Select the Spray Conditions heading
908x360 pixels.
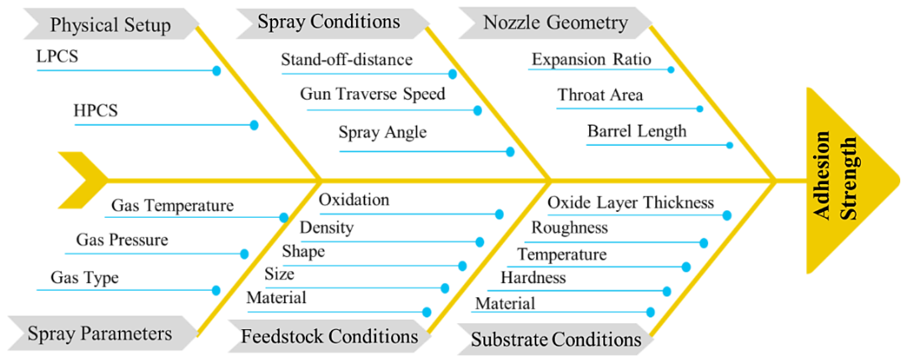point(329,22)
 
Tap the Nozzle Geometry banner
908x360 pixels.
point(555,23)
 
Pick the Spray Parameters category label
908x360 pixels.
point(100,333)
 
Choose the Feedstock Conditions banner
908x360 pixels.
point(329,336)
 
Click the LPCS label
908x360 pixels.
point(57,56)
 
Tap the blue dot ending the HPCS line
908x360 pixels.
point(254,125)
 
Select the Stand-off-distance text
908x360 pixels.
point(346,59)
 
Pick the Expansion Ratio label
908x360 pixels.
point(591,59)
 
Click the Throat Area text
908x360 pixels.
point(600,95)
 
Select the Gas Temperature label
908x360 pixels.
point(172,205)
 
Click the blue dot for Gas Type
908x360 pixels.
point(216,291)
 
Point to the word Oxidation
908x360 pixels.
point(354,200)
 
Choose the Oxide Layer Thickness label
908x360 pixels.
point(630,203)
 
